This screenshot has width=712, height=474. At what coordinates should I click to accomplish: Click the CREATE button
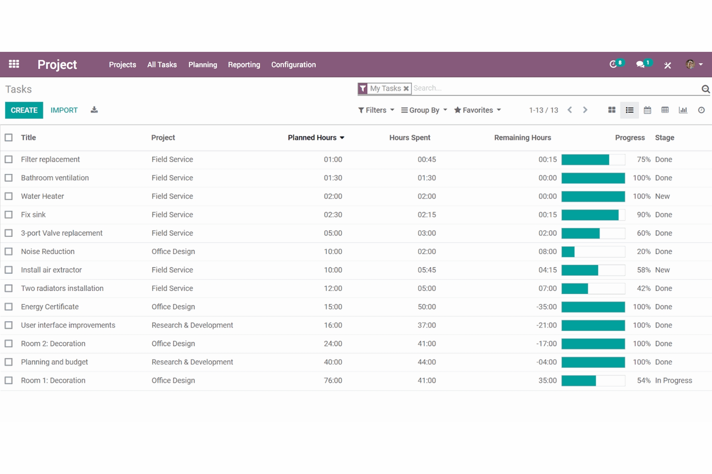coord(24,110)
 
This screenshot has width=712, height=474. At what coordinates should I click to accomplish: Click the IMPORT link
coord(64,110)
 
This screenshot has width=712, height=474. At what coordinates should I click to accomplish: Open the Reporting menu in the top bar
coord(244,64)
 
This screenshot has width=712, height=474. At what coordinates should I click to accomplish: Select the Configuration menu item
coord(293,64)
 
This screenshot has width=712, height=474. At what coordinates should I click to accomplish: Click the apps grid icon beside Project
coord(14,64)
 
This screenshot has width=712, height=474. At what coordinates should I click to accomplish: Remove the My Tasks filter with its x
coord(406,89)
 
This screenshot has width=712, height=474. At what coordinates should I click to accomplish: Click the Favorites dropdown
coord(478,110)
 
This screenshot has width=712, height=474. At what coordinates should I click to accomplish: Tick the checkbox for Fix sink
coord(9,214)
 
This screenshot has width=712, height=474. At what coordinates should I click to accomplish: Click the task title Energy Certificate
coord(50,307)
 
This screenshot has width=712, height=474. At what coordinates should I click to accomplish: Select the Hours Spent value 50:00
coord(426,307)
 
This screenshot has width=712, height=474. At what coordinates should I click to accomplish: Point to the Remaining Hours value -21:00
coord(546,325)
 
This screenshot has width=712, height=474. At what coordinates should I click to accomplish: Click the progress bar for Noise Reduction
coord(593,251)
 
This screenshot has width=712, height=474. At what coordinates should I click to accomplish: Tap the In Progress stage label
coord(673,380)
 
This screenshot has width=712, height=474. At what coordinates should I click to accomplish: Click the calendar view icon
coord(647,110)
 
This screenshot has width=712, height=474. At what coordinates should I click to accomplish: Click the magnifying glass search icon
coord(705,89)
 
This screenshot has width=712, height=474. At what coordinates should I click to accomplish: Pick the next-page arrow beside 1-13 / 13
coord(585,110)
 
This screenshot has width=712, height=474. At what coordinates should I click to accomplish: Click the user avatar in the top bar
coord(690,64)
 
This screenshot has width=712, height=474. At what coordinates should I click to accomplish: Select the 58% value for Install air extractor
coord(643,270)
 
